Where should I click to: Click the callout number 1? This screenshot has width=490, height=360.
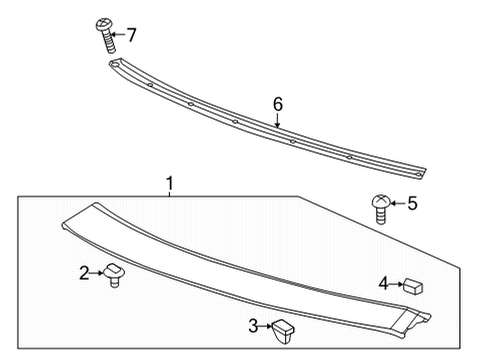pos(170,183)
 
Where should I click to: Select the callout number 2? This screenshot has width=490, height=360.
pos(84,271)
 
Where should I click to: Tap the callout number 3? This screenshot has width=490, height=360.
pos(254,325)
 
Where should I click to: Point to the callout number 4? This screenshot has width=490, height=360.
pos(383,283)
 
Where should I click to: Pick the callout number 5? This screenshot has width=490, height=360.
pos(413,203)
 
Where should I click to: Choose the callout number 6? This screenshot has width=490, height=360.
pos(278,104)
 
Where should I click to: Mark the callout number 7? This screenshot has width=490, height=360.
pos(130,35)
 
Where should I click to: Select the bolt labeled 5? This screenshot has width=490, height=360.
pos(381,207)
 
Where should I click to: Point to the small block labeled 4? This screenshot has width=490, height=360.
pos(412,285)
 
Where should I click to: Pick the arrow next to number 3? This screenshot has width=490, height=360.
pos(267,325)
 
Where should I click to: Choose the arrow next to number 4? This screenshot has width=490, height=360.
pos(395,283)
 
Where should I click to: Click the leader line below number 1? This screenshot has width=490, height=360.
pos(170,193)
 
